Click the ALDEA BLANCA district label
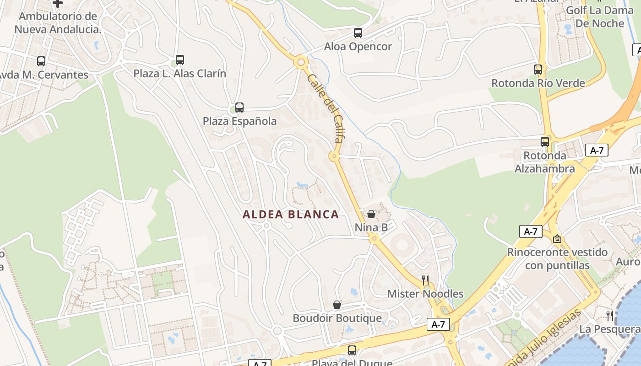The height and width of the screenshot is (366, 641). point(291,214)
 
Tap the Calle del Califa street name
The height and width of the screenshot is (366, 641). point(326,108)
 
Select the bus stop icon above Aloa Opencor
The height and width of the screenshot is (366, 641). point(358,33)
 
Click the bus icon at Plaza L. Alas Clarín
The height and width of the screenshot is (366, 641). point(180,60)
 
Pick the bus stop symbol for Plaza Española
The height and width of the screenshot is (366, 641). point(239,108)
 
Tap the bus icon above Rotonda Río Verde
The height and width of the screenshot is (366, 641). point(538,70)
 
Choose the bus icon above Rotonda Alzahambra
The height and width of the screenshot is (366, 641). point(545,142)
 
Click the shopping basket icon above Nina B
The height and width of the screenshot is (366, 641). point(371,214)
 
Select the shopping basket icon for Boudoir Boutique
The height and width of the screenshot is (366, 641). point(337,305)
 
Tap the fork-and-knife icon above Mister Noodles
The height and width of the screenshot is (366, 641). point(425,280)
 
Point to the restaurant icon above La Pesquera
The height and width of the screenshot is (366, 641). point(610,315)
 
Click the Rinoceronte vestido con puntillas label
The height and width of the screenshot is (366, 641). point(557,258)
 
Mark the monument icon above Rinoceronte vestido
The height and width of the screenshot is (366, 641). point(557,239)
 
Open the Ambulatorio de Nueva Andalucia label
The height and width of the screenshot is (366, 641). point(58,23)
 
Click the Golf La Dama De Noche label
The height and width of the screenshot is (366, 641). point(600,17)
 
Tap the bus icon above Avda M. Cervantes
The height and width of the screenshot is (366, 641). point(41,61)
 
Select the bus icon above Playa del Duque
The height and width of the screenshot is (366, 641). point(352,350)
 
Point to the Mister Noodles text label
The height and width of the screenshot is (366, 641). point(425,294)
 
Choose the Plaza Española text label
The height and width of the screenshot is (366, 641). point(239,121)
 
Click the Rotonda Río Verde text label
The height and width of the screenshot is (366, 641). point(538,83)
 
